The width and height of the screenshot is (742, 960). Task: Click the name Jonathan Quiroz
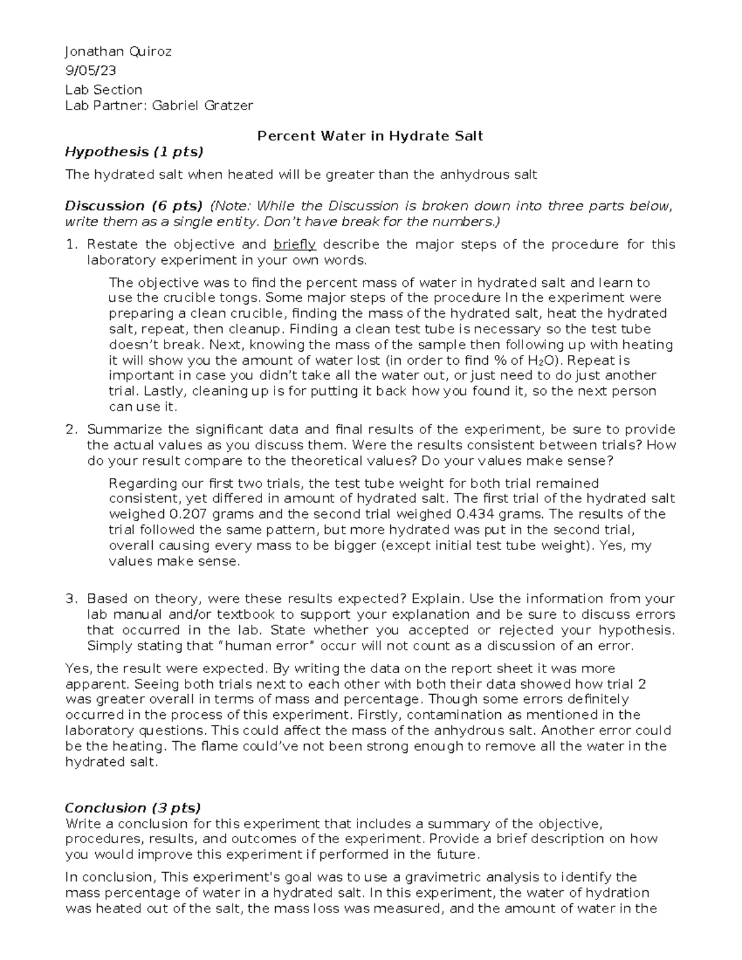tap(118, 52)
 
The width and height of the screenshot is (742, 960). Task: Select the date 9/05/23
tap(90, 70)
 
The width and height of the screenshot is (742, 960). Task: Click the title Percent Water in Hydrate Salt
tap(370, 136)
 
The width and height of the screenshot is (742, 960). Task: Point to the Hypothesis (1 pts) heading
tap(134, 151)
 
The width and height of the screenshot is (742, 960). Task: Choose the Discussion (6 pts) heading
tap(134, 206)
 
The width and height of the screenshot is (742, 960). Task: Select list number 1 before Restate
tap(70, 244)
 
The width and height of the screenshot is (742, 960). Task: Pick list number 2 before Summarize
tap(70, 430)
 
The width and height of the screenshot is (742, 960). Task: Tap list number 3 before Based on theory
tap(70, 599)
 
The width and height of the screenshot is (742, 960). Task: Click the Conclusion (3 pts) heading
tap(133, 808)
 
